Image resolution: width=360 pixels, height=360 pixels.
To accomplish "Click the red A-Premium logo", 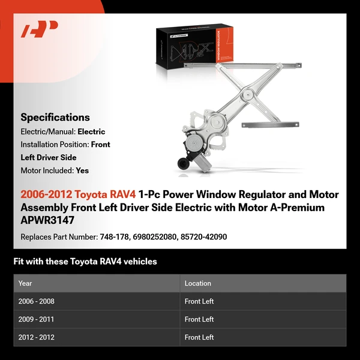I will click(40, 29).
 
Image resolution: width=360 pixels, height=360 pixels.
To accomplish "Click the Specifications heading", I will click(55, 118).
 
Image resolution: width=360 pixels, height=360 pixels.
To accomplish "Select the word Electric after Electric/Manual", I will click(91, 131).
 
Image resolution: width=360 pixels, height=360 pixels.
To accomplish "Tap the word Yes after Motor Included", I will click(82, 170).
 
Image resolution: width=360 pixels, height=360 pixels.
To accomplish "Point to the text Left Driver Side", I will click(49, 157).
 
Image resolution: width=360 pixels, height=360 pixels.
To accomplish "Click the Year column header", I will click(25, 283).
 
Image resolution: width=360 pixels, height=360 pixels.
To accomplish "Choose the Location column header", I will click(198, 283).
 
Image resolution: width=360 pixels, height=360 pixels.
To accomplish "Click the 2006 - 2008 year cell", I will click(37, 301).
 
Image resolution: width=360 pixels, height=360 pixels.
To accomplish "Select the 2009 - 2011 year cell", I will click(37, 319).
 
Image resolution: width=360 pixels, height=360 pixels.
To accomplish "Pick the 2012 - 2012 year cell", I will click(37, 337).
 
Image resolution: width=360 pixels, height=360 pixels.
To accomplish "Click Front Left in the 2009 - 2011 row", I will click(199, 319).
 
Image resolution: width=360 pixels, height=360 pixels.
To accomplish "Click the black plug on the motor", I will click(181, 161).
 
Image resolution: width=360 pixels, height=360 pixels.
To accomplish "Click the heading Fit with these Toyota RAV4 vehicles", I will click(85, 262).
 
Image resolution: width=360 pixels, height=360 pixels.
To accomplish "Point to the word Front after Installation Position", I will click(101, 145).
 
